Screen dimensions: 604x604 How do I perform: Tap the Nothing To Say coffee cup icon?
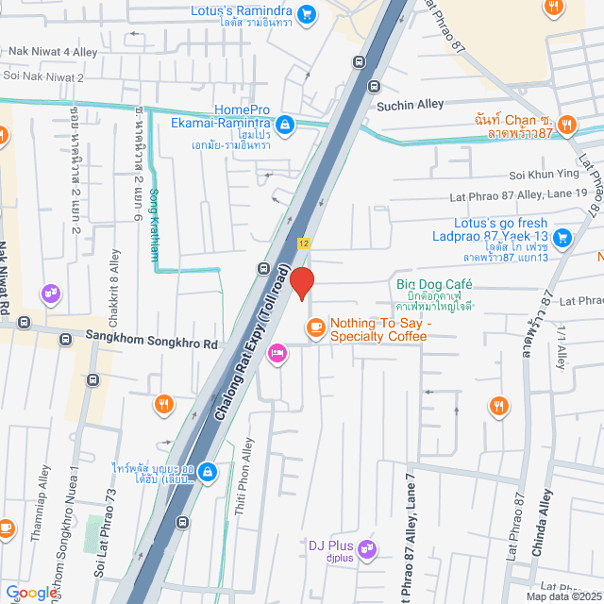(x=314, y=327)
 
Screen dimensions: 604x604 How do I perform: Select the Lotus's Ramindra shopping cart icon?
(x=306, y=14)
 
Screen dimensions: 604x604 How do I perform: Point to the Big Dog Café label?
(x=433, y=284)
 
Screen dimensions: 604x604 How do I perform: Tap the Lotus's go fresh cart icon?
(x=562, y=236)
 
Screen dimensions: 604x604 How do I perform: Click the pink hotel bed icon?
(x=277, y=354)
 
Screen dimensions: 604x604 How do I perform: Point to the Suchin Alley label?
(x=410, y=107)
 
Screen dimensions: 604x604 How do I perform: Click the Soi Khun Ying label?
(x=541, y=175)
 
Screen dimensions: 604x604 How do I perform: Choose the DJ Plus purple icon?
(x=366, y=545)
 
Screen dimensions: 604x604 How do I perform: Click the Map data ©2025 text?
(x=563, y=596)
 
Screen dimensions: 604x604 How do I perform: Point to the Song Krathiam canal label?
(x=155, y=225)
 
